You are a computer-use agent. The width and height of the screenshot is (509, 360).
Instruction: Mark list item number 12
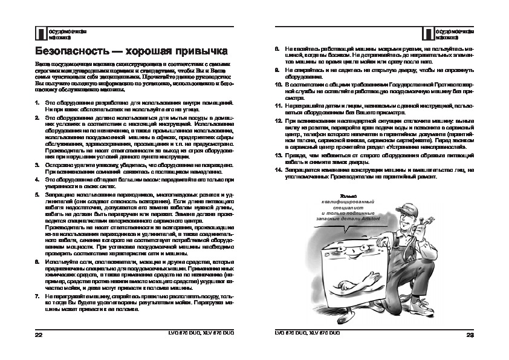pos(279,120)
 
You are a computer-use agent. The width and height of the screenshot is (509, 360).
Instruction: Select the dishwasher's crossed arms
pos(357,284)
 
